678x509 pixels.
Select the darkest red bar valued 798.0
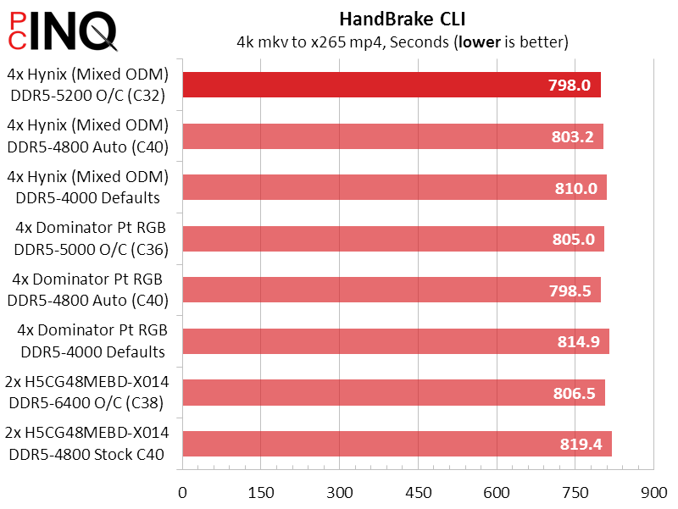[x=391, y=85]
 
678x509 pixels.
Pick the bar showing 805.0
[x=392, y=239]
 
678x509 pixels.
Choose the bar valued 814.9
[x=395, y=340]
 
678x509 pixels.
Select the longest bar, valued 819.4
[x=397, y=443]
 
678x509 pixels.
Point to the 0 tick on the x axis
[x=182, y=491]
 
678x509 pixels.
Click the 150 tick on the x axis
[x=261, y=491]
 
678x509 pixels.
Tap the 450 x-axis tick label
[x=418, y=491]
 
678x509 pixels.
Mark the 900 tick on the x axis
[x=653, y=491]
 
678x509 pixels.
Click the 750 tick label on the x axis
[x=575, y=491]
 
